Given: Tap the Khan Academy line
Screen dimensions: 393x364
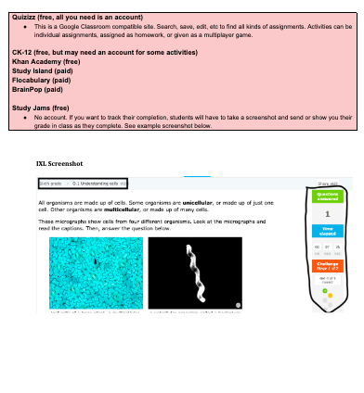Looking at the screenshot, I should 39,64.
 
